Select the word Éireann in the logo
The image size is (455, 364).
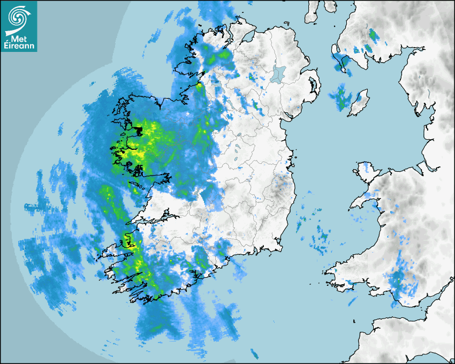click(x=20, y=45)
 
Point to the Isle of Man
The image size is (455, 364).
click(x=358, y=103)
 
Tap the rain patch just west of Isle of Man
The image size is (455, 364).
click(x=340, y=97)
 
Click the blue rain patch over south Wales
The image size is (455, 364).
click(x=397, y=281)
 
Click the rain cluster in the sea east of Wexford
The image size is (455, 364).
click(x=321, y=238)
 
